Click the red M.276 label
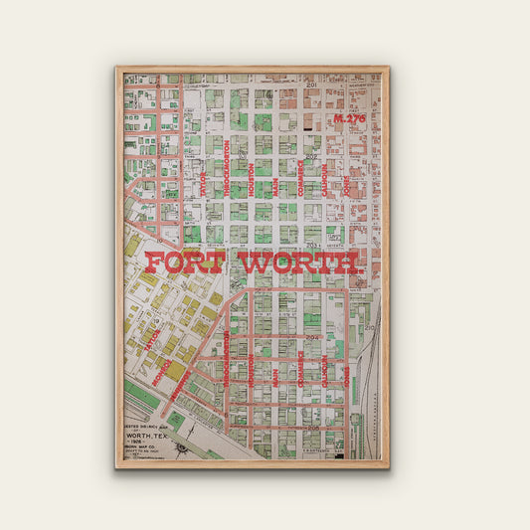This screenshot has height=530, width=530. pos(350,118)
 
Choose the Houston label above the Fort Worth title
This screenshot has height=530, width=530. pos(251,179)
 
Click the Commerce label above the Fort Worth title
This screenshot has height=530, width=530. pos(299,177)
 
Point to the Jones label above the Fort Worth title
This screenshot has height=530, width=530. pos(347,185)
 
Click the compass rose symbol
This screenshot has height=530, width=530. pos(180,448)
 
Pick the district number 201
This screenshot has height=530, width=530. pos(311,86)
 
